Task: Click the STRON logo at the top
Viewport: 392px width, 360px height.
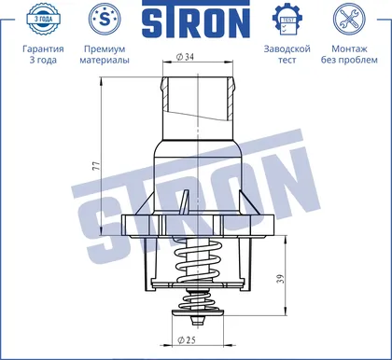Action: click(x=196, y=20)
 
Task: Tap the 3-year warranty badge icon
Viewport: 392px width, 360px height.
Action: click(x=43, y=19)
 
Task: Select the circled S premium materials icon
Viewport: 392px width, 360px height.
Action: click(x=105, y=19)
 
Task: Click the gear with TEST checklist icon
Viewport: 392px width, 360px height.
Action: click(x=287, y=19)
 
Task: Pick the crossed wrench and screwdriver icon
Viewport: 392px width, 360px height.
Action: click(x=349, y=19)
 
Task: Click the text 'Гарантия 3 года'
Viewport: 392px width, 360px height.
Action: click(x=43, y=54)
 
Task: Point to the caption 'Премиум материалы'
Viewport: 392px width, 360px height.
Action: click(x=105, y=54)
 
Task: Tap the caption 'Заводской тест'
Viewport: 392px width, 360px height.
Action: click(x=287, y=54)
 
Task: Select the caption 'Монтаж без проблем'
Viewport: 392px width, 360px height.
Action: click(x=349, y=54)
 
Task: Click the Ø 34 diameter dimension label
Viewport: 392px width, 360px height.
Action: click(x=185, y=57)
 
